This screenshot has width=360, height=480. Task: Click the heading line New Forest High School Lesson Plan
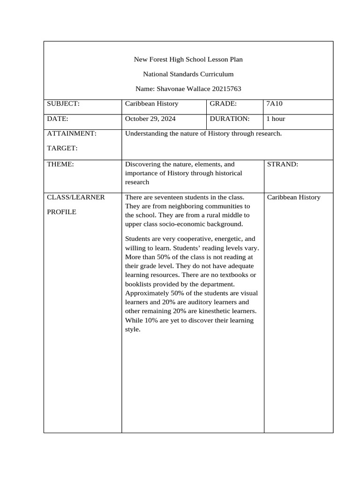coord(188,60)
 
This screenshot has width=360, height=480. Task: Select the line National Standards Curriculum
coord(188,74)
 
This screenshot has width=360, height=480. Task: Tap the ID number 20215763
coord(227,89)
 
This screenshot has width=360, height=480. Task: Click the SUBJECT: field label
coord(63,104)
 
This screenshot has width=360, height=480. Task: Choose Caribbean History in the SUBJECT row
coord(151,104)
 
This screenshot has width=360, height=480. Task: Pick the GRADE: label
coord(223,104)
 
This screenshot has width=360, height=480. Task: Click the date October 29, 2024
coord(150,119)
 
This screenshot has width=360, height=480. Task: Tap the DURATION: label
coord(229,119)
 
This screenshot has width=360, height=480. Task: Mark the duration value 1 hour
coord(276,119)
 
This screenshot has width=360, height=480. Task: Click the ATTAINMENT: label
coord(72,134)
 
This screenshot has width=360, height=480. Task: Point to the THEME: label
coord(60,165)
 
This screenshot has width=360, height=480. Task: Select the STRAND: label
coord(282,165)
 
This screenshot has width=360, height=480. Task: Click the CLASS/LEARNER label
coord(76,197)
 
